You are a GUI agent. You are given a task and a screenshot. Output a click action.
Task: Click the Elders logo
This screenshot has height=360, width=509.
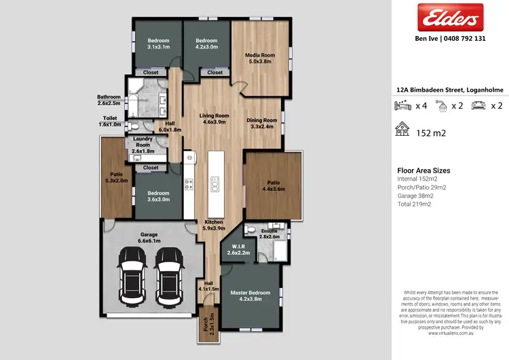pyautogui.click(x=449, y=18)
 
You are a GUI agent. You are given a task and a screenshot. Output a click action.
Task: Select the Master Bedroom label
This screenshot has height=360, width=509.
pyautogui.click(x=250, y=295)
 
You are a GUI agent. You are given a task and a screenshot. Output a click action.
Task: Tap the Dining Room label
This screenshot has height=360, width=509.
pyautogui.click(x=262, y=123)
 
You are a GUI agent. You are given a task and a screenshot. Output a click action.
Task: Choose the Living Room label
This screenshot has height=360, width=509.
pyautogui.click(x=214, y=119)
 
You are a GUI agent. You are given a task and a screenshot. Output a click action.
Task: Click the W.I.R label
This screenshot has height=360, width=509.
pyautogui.click(x=238, y=249)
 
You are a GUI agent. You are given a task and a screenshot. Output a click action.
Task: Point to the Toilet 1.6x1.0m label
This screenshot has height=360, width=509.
pyautogui.click(x=110, y=122)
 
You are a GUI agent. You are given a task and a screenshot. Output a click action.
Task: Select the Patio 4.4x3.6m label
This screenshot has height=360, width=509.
pyautogui.click(x=273, y=185)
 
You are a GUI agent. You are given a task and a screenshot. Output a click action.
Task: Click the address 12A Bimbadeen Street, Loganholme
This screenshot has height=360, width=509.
pyautogui.click(x=449, y=89)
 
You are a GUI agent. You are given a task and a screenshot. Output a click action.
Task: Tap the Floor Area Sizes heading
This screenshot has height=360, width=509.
pyautogui.click(x=423, y=170)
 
